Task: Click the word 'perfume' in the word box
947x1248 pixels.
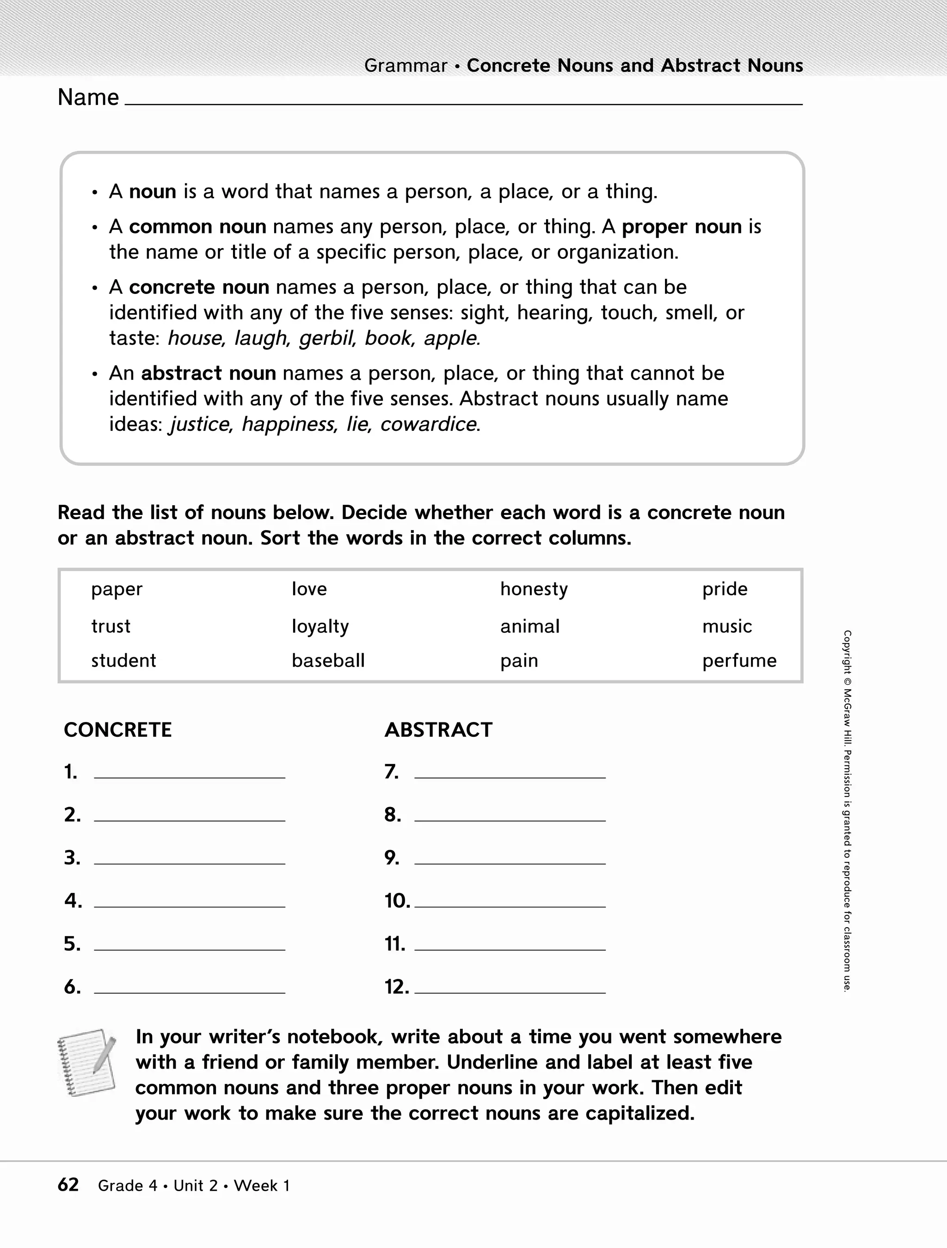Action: tap(739, 661)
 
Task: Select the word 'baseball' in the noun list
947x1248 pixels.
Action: tap(328, 661)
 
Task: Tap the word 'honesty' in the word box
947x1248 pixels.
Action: tap(534, 589)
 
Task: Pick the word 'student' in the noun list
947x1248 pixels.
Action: tap(123, 661)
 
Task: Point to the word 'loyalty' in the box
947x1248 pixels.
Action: tap(320, 626)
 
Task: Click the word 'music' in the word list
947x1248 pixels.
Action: tap(727, 626)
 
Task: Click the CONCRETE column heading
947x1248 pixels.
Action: tap(117, 730)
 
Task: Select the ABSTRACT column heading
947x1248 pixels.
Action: tap(438, 730)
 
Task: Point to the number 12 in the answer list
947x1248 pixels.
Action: tap(397, 987)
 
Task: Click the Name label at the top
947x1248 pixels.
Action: tap(88, 98)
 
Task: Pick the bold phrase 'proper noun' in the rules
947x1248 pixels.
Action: tap(682, 227)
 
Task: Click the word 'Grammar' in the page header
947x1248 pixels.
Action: tap(405, 66)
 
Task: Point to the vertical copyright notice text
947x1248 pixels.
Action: tap(847, 813)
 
